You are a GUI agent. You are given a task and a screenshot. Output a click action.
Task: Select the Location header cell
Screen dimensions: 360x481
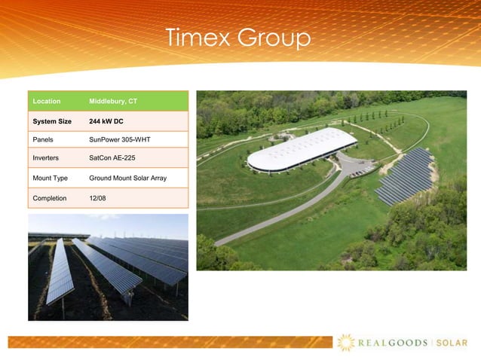pos(45,101)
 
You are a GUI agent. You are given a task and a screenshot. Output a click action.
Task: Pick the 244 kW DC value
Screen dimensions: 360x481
pos(106,121)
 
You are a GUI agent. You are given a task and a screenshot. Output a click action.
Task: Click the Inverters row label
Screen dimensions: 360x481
pos(45,158)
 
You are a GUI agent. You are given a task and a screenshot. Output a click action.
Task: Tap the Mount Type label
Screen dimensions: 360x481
pos(50,178)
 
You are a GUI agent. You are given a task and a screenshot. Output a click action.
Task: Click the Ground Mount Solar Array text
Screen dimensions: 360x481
pos(127,178)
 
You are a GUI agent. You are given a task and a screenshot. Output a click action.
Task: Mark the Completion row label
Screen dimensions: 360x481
pos(49,198)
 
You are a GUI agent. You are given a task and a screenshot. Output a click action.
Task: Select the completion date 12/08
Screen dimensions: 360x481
pos(97,198)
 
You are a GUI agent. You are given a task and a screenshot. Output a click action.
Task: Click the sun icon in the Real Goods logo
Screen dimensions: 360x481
pos(346,343)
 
